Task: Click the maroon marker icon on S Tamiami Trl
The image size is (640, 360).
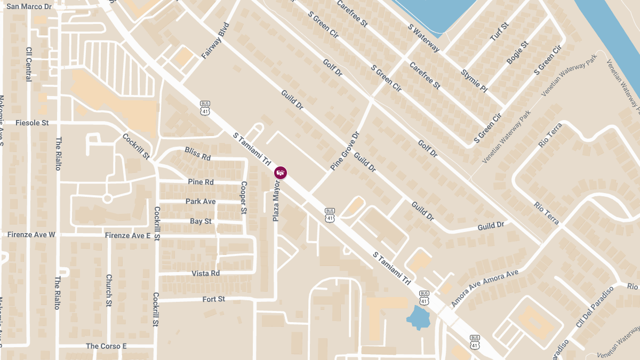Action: pyautogui.click(x=281, y=172)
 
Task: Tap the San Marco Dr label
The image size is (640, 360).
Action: pyautogui.click(x=29, y=6)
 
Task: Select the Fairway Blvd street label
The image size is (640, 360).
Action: pyautogui.click(x=215, y=41)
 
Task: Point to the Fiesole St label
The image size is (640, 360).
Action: pyautogui.click(x=32, y=123)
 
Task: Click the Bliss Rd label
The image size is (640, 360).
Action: pyautogui.click(x=198, y=154)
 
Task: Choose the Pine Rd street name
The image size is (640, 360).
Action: pyautogui.click(x=201, y=182)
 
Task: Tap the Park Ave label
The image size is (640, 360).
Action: pyautogui.click(x=201, y=201)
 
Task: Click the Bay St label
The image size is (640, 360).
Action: pyautogui.click(x=201, y=221)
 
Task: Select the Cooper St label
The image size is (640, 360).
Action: pyautogui.click(x=244, y=198)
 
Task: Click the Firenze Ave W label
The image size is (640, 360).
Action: pyautogui.click(x=31, y=235)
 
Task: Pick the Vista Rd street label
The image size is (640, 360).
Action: pyautogui.click(x=206, y=273)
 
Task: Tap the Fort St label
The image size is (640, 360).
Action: pyautogui.click(x=214, y=299)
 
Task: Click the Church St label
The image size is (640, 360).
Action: pyautogui.click(x=109, y=291)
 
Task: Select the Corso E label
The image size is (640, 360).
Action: pyautogui.click(x=106, y=346)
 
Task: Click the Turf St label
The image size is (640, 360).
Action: pyautogui.click(x=499, y=33)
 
